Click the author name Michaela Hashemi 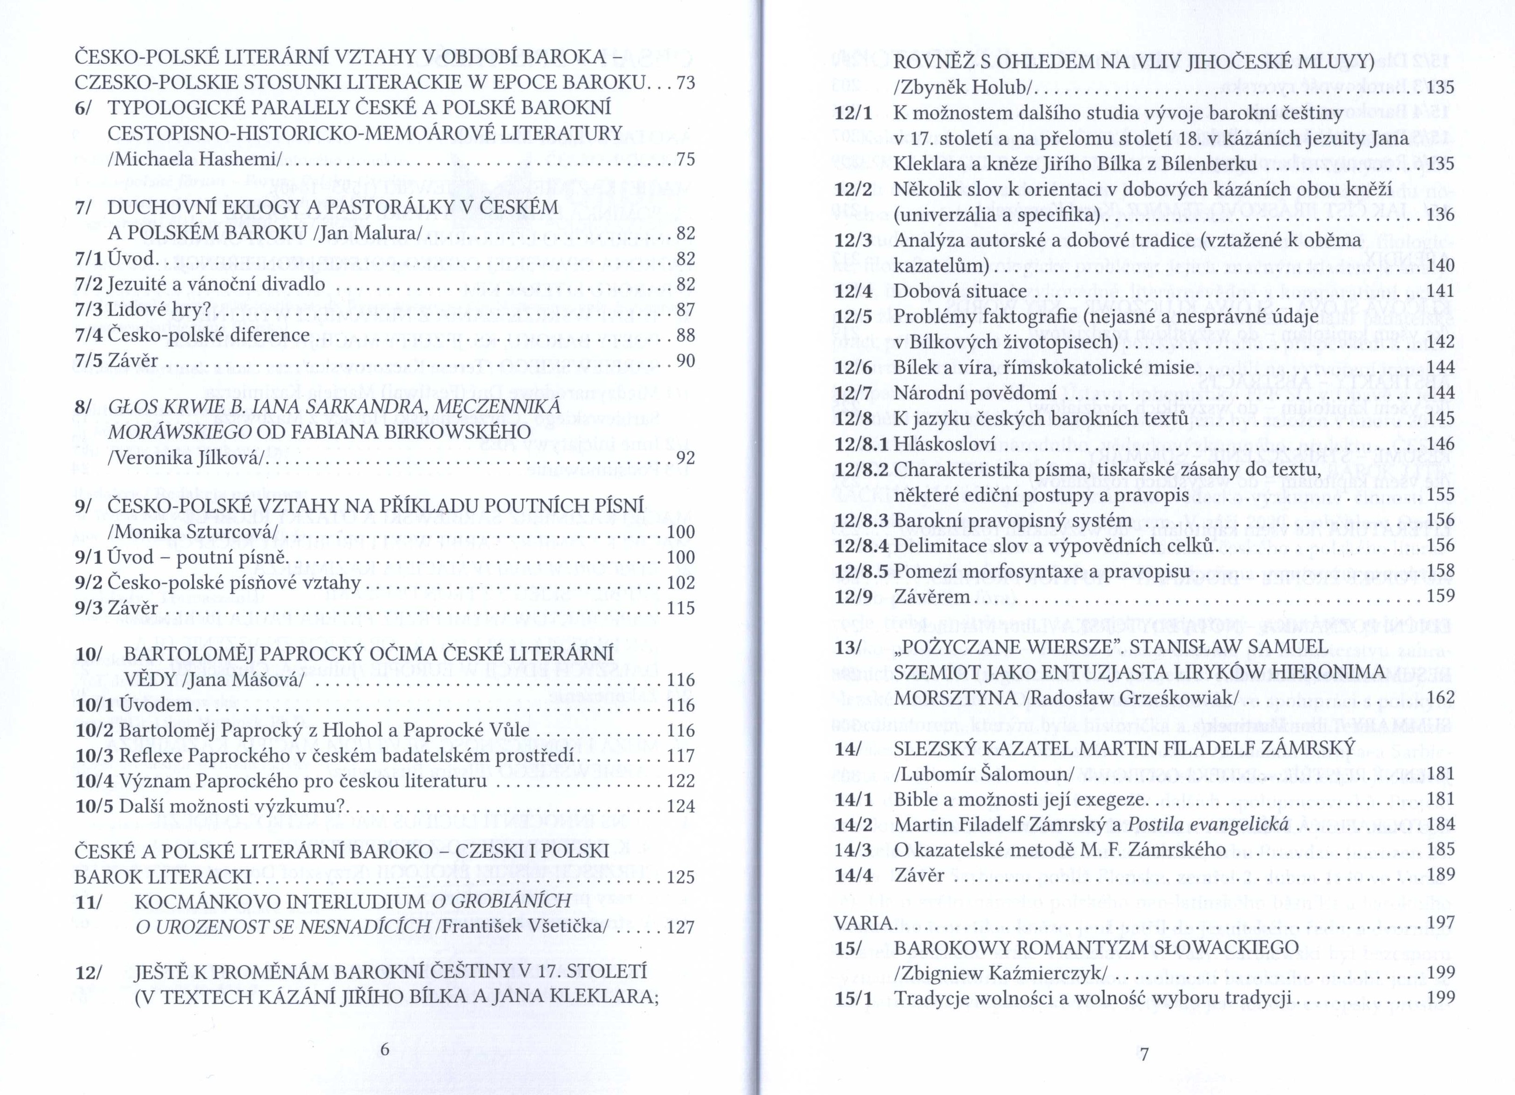pyautogui.click(x=198, y=160)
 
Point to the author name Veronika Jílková pyautogui.click(x=188, y=458)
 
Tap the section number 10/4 pyautogui.click(x=95, y=781)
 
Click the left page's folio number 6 pyautogui.click(x=384, y=1049)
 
